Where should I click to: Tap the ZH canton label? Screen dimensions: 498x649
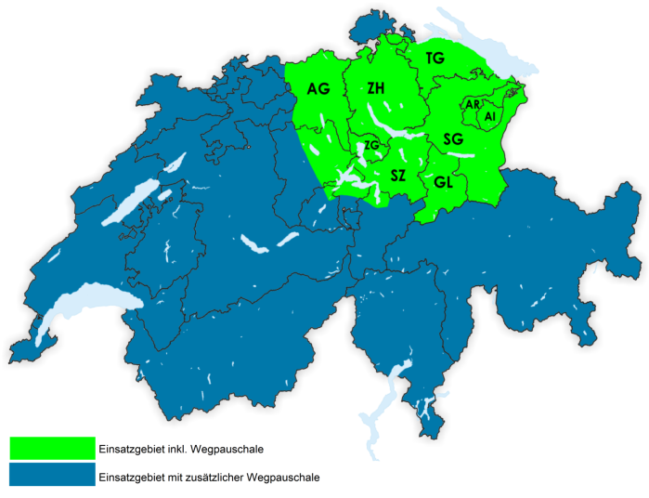pyautogui.click(x=376, y=88)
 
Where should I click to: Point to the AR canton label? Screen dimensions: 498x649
pyautogui.click(x=473, y=106)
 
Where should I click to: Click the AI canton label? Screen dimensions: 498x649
pyautogui.click(x=489, y=116)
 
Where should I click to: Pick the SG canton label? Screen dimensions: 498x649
pyautogui.click(x=453, y=139)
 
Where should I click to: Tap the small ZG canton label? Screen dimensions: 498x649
pyautogui.click(x=371, y=146)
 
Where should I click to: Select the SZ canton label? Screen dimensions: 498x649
pyautogui.click(x=398, y=175)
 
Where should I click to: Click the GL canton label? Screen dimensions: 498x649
pyautogui.click(x=443, y=182)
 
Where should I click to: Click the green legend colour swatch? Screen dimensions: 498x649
pyautogui.click(x=52, y=448)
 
